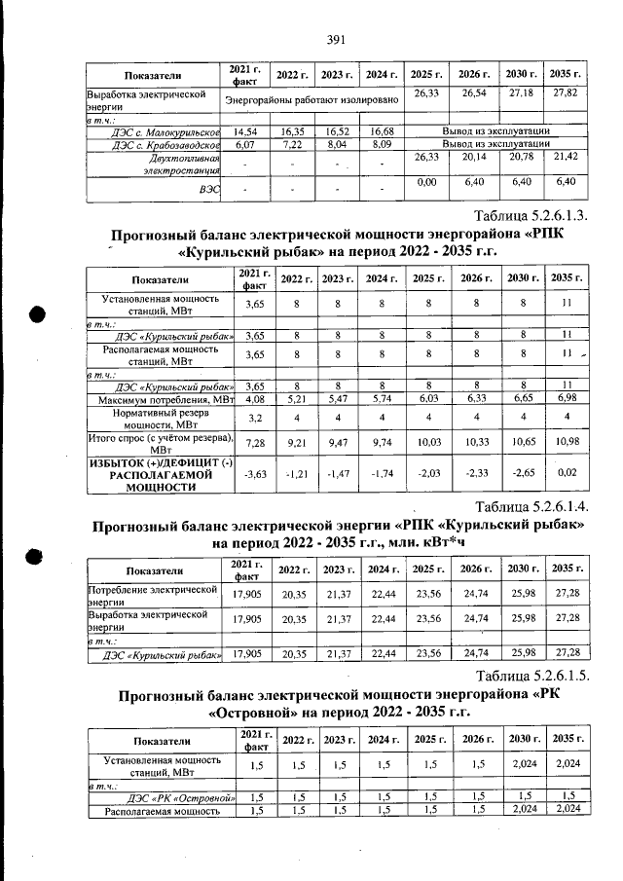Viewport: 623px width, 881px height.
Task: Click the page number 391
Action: click(x=337, y=39)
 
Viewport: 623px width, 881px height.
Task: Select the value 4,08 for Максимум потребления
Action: click(x=253, y=399)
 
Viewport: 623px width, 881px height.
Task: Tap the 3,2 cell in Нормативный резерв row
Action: click(x=253, y=419)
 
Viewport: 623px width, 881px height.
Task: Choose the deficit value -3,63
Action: click(x=253, y=474)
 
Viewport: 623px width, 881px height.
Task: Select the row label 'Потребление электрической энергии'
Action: click(x=151, y=595)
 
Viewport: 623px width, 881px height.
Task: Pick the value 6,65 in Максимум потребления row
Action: click(x=522, y=399)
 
